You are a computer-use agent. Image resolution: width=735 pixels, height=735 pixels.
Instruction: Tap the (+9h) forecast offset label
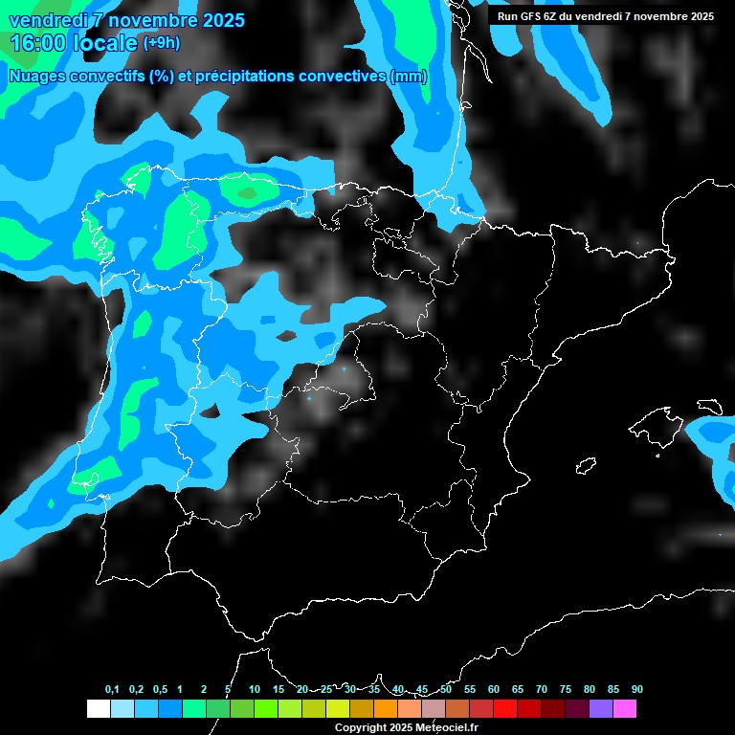(x=161, y=42)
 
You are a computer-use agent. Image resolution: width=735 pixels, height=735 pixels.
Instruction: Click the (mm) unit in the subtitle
(x=409, y=77)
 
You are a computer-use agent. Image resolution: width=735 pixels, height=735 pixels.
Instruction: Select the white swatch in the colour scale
(x=98, y=709)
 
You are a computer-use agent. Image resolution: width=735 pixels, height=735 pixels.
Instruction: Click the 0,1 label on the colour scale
(x=112, y=689)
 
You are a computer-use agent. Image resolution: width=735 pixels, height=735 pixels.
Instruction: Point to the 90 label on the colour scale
(x=636, y=689)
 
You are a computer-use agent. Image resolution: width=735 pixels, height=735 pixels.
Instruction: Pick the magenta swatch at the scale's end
(x=624, y=709)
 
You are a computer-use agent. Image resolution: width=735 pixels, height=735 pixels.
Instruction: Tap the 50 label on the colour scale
(x=446, y=689)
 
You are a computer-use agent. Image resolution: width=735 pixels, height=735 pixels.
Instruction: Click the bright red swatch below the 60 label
(x=504, y=709)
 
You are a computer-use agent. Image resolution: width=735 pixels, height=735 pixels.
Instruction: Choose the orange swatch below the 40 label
(x=385, y=709)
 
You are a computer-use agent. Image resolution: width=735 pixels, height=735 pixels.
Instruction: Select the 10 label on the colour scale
(x=255, y=689)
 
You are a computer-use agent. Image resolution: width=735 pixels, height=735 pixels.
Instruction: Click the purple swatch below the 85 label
(x=600, y=709)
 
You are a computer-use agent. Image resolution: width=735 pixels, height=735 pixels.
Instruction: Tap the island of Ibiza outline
(x=584, y=466)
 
